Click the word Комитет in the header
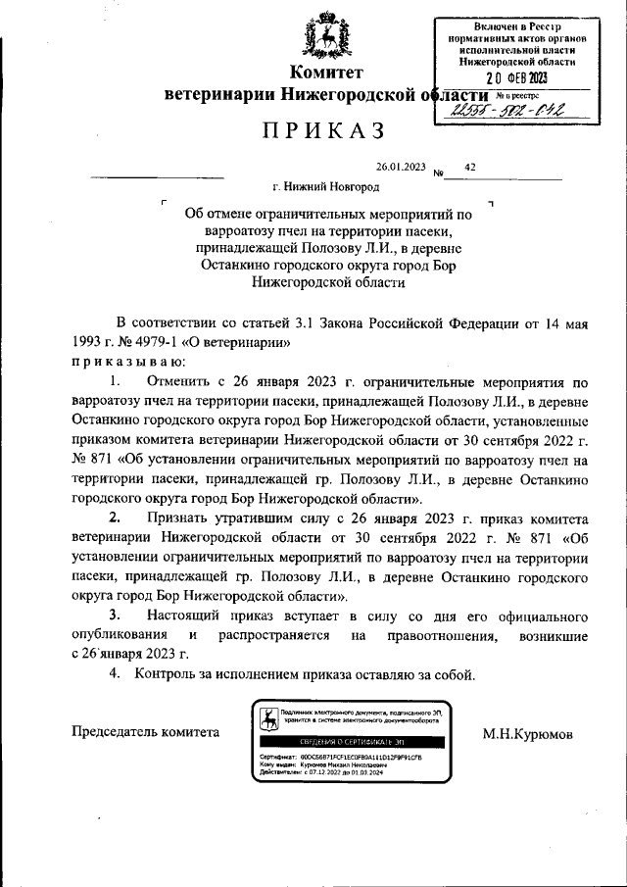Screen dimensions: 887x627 (326, 74)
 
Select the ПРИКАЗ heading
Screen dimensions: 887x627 (322, 130)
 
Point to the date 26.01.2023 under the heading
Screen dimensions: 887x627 (401, 168)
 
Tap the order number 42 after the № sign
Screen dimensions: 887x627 (470, 168)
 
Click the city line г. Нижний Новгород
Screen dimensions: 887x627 (325, 185)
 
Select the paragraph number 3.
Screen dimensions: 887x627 (115, 615)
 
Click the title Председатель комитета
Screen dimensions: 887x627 (146, 732)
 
